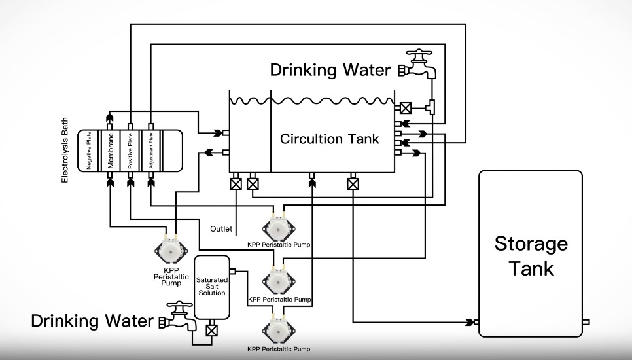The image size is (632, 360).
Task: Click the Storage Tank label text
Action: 531,256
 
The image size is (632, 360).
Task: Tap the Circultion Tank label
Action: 330,139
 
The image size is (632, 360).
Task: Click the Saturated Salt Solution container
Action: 211,287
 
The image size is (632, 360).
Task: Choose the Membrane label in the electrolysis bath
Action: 111,151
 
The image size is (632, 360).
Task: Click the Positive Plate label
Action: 130,151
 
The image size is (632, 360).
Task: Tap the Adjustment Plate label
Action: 151,151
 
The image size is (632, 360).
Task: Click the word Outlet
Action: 221,229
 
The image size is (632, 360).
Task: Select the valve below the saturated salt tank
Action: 211,330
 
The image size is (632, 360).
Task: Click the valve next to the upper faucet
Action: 406,107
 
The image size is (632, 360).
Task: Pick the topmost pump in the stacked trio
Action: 279,226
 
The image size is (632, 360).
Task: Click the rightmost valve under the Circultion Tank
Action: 353,185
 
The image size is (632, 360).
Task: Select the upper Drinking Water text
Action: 330,70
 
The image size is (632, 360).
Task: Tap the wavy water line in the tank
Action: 311,101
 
